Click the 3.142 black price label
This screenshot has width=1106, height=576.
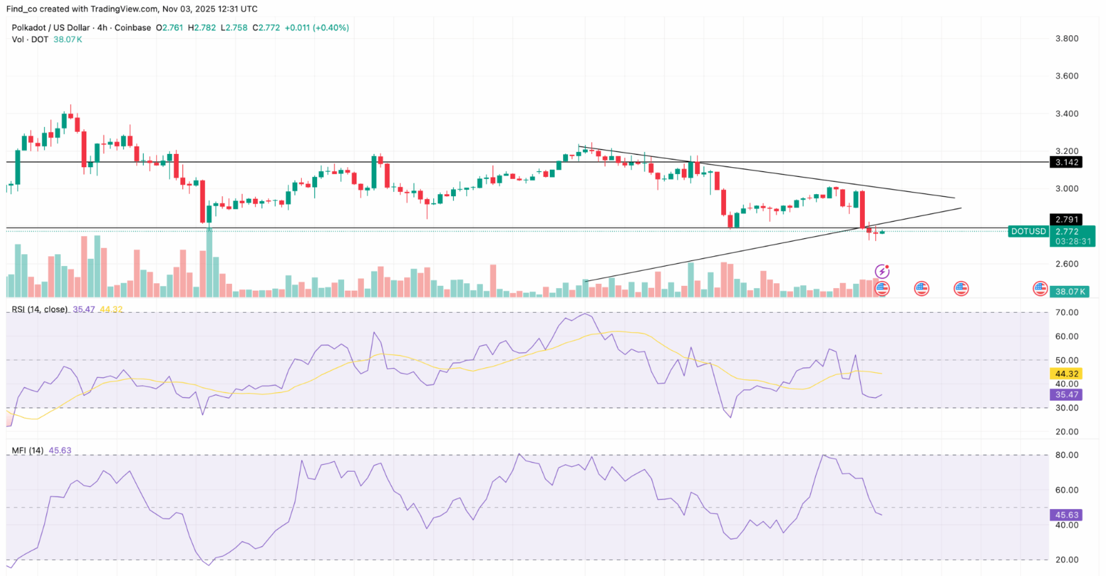[1066, 162]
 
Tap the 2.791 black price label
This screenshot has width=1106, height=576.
[1066, 220]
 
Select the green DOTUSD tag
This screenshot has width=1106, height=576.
[1028, 231]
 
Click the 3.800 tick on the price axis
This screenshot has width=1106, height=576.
[1067, 39]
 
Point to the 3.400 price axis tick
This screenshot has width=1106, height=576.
[1067, 114]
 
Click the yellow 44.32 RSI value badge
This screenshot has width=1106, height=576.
[1066, 374]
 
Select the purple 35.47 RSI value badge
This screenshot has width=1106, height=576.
[1066, 395]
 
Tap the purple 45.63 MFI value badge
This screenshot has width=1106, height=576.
[1066, 515]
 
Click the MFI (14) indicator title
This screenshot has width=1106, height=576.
[28, 450]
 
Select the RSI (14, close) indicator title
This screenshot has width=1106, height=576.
[39, 309]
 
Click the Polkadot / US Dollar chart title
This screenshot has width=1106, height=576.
[50, 28]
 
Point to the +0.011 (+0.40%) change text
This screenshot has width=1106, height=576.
[316, 28]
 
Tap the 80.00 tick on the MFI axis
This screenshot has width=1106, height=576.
[1067, 455]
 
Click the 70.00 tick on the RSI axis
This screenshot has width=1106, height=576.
[1067, 313]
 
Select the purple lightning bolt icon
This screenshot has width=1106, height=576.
[882, 271]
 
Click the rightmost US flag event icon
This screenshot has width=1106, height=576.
[1040, 289]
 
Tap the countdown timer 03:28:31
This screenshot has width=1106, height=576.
[1073, 242]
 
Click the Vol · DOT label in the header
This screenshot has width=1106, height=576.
[30, 39]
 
